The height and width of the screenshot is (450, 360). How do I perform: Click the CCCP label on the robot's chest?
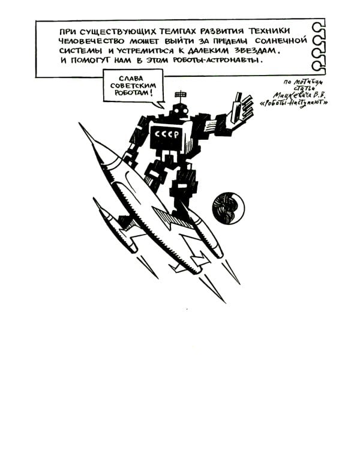coord(166,134)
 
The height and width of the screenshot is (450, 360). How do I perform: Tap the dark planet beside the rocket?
coord(227,208)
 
